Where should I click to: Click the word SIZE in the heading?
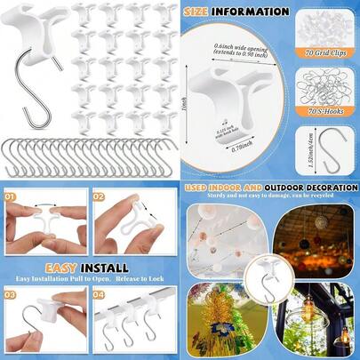(202, 12)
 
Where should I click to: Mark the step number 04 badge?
(99, 292)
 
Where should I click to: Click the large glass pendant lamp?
(330, 324)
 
